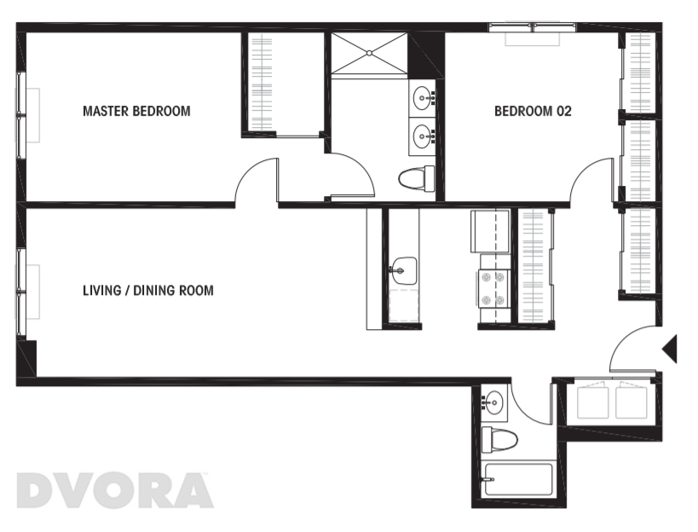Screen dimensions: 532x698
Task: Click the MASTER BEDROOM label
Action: point(136,111)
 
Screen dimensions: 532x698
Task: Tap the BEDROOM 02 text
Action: point(533,111)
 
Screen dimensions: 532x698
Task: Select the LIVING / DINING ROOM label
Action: point(147,291)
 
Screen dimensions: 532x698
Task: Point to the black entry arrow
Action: point(670,349)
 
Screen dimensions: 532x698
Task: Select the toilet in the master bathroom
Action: point(416,178)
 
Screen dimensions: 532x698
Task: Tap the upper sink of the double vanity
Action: point(424,99)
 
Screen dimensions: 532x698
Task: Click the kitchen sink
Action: point(402,270)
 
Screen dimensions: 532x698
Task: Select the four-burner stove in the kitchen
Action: point(493,288)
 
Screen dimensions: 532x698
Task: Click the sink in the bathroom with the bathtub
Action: point(493,402)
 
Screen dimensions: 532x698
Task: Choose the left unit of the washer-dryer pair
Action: point(594,402)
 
